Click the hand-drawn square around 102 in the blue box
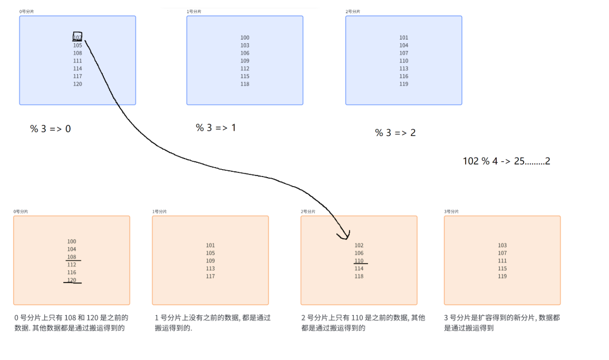click(x=78, y=36)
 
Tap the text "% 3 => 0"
click(x=51, y=129)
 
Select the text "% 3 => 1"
click(x=216, y=128)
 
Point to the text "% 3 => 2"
click(x=395, y=133)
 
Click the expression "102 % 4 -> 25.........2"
click(x=506, y=161)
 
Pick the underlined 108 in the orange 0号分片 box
click(x=72, y=257)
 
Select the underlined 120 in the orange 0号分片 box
click(x=72, y=280)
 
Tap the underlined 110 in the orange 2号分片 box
click(x=359, y=261)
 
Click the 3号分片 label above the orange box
click(x=451, y=211)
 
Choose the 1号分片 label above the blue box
click(x=194, y=12)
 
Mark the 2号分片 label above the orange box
click(x=308, y=211)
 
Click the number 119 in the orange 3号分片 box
click(x=502, y=276)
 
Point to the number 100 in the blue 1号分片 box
click(x=245, y=38)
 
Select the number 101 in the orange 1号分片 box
click(x=210, y=246)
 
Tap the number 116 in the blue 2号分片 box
click(x=404, y=76)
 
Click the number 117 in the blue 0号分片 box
click(x=78, y=76)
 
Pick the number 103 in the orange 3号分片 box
click(x=502, y=246)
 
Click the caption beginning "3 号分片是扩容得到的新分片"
click(x=502, y=323)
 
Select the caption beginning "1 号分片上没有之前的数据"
click(x=212, y=323)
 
